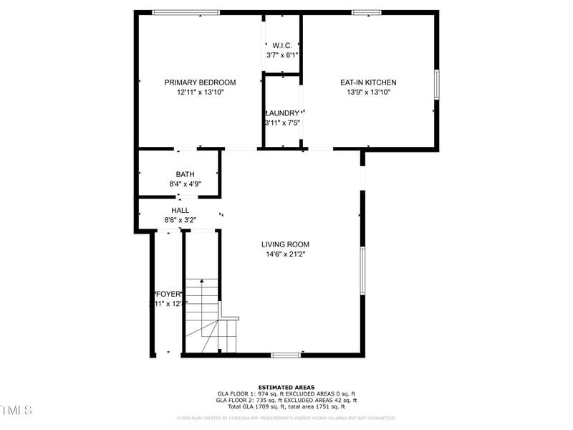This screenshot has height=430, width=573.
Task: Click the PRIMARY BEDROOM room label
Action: [200, 82]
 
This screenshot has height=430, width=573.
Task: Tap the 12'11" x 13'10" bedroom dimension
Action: [200, 92]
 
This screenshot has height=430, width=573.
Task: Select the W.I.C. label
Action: [281, 46]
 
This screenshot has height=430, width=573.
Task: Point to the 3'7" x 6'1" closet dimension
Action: [281, 55]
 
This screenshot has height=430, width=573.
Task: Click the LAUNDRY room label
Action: [282, 113]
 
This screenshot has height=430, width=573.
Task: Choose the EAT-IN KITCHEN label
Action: [367, 82]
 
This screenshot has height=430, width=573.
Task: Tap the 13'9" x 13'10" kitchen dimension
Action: [367, 92]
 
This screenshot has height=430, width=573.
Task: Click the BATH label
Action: [185, 174]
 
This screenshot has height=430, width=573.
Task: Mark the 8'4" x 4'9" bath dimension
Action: [185, 184]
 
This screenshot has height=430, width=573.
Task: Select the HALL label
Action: [180, 210]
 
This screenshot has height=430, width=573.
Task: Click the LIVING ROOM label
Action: [285, 244]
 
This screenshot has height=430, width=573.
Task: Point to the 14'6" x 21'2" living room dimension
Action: [285, 254]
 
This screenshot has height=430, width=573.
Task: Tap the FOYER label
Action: [168, 294]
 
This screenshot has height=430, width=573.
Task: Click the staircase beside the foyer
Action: [203, 315]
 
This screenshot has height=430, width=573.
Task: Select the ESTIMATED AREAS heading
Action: [286, 388]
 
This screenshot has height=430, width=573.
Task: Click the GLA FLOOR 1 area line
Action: [286, 394]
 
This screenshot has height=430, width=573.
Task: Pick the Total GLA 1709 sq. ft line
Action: [286, 407]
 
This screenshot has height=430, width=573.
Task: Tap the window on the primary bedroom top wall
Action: [186, 12]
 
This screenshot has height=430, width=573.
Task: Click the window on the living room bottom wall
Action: [286, 355]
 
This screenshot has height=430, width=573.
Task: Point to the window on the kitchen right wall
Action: [436, 84]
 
